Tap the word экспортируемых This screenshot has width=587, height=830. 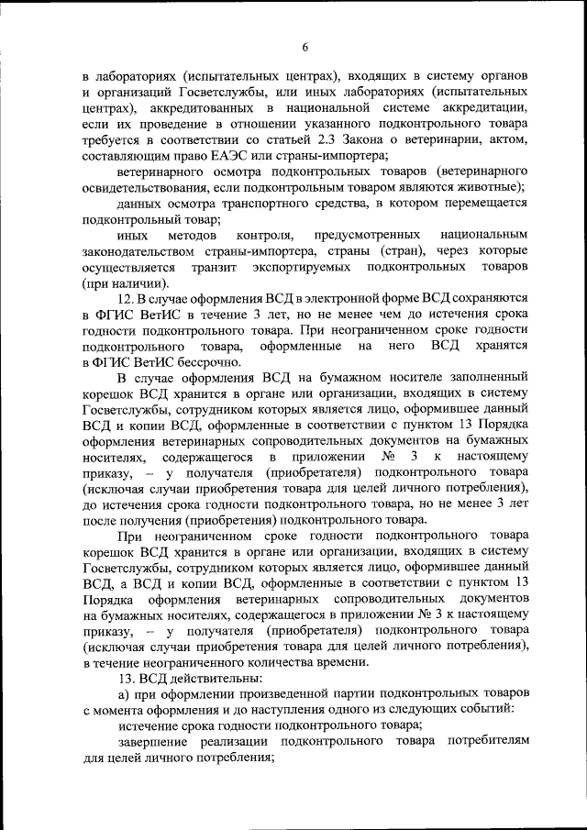305,267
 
